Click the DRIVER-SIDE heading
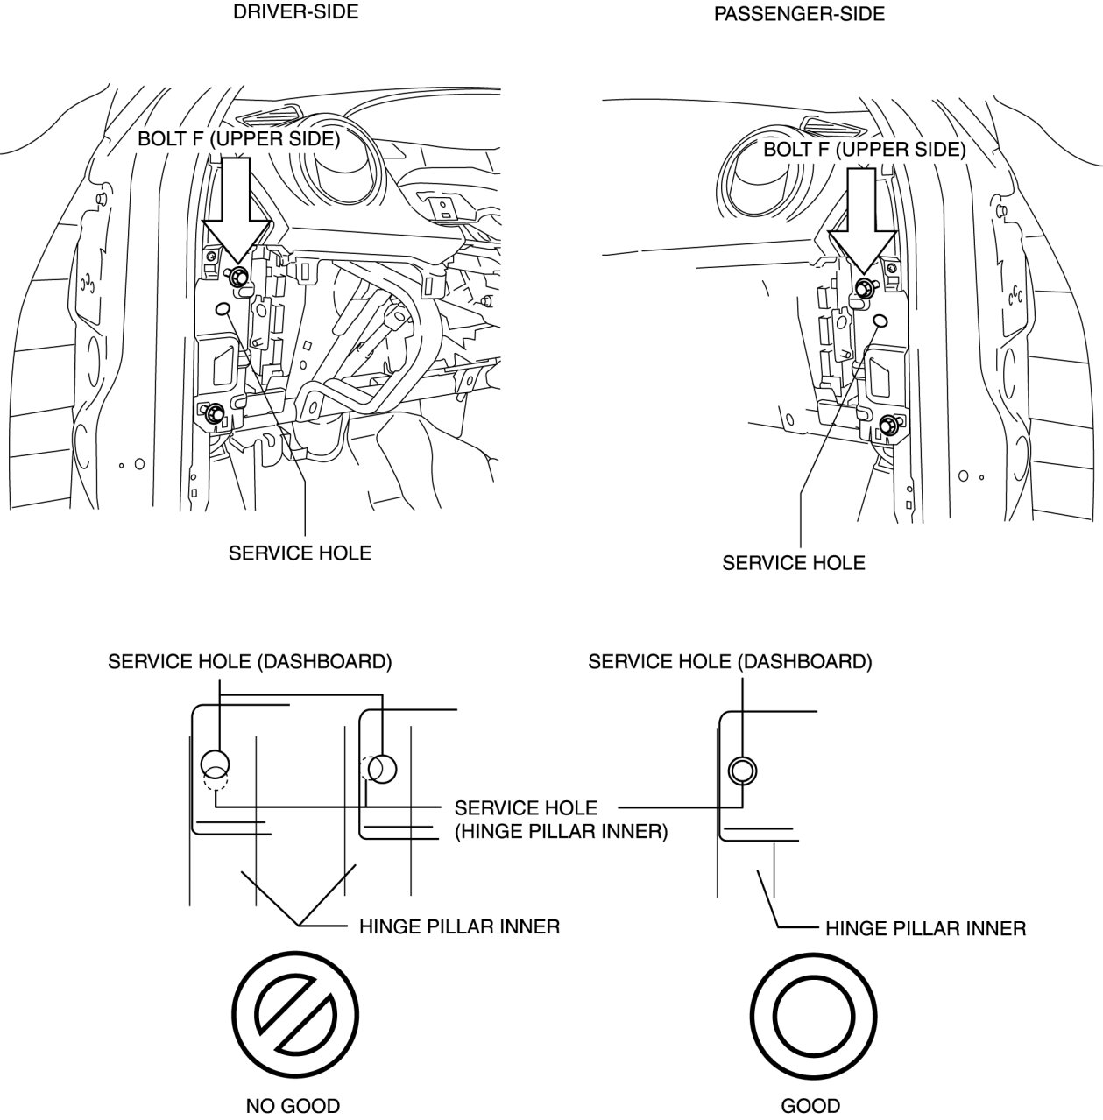click(295, 11)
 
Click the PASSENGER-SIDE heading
click(799, 14)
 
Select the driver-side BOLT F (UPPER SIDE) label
click(238, 138)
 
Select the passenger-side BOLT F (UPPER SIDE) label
click(864, 149)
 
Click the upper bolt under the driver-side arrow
click(237, 278)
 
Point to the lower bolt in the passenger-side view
click(887, 425)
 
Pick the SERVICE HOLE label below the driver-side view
click(300, 553)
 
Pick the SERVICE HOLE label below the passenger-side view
click(793, 562)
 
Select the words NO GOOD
click(292, 1105)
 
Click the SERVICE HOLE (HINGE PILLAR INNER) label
click(560, 819)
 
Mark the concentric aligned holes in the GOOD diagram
click(742, 771)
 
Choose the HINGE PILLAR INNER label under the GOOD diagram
click(925, 927)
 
